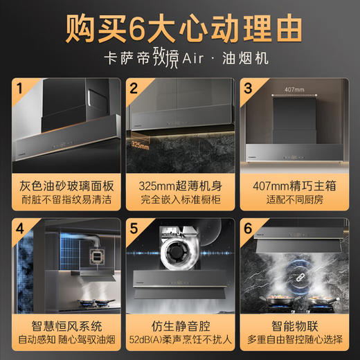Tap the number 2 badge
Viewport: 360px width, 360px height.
tap(134, 89)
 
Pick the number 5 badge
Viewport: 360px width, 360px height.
tap(134, 228)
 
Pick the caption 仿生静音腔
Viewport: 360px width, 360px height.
tap(180, 323)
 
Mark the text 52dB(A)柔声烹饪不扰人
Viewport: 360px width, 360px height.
tap(180, 339)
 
